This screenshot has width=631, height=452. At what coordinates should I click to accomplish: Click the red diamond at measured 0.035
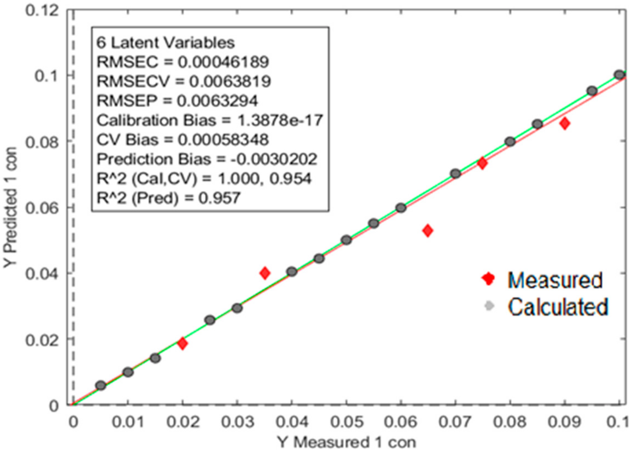[265, 273]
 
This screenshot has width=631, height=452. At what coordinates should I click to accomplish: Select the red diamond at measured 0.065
[428, 231]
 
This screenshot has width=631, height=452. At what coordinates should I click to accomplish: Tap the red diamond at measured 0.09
[564, 124]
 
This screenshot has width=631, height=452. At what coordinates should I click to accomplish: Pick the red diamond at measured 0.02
[183, 344]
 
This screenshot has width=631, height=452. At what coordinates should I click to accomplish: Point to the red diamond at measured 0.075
[482, 163]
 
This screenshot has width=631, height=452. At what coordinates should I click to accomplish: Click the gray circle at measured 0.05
[346, 240]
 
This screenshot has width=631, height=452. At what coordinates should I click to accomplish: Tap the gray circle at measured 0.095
[592, 91]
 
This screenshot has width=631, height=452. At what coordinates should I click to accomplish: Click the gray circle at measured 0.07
[455, 174]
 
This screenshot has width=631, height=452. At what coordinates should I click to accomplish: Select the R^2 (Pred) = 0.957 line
[168, 198]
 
